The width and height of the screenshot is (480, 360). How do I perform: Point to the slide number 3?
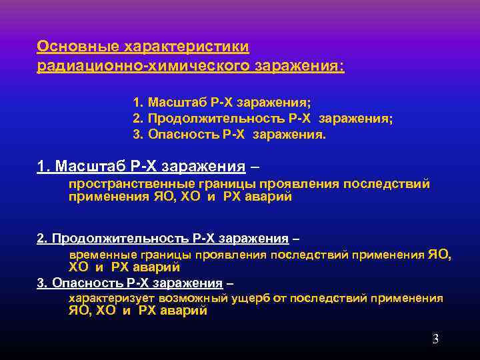(435, 339)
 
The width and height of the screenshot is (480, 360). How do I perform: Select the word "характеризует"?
(108, 298)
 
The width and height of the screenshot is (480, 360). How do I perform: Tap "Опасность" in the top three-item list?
(177, 134)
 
